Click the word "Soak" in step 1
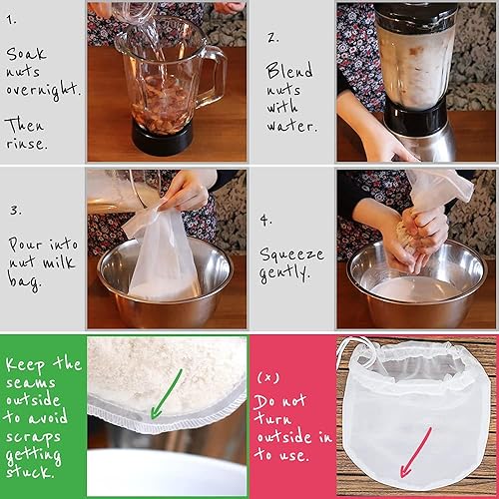(26, 54)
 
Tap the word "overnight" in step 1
(43, 90)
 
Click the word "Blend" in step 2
(289, 70)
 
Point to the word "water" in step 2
(291, 126)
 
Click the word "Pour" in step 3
(25, 245)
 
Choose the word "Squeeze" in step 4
(291, 254)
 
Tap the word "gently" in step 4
(284, 273)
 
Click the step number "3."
(15, 211)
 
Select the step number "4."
(265, 220)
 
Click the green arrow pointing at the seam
(167, 394)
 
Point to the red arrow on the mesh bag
(416, 452)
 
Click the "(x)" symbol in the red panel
(268, 377)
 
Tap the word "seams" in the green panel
(30, 382)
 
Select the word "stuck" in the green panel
(30, 471)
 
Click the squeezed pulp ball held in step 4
(406, 235)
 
